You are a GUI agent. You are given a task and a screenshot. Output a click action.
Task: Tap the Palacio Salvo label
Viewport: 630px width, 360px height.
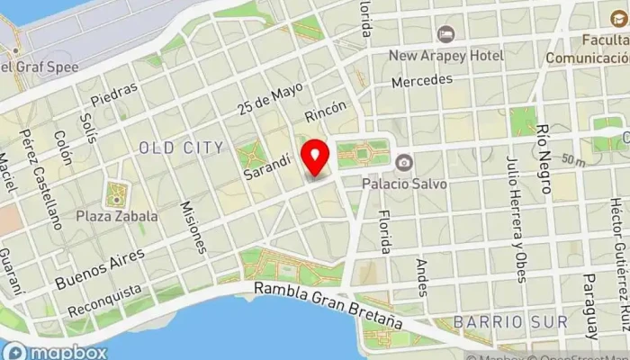click(405, 184)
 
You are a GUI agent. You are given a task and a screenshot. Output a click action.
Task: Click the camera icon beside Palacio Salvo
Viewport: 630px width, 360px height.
click(404, 162)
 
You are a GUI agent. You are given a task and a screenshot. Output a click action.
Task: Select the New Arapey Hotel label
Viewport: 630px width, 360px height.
click(445, 56)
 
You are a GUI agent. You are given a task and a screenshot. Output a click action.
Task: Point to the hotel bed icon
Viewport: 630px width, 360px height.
click(445, 34)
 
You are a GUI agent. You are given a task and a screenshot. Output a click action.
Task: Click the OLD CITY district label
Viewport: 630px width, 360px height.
click(181, 146)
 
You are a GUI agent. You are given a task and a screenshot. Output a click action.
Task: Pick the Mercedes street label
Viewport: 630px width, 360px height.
click(422, 81)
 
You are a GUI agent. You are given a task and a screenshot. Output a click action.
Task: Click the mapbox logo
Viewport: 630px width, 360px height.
click(56, 352)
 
